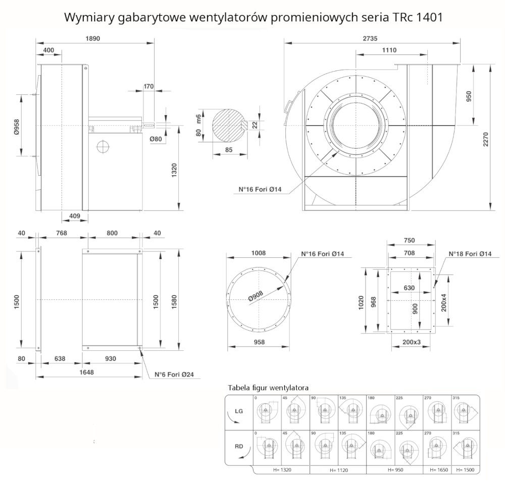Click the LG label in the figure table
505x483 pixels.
[x=239, y=411]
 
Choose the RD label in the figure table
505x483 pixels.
[x=239, y=446]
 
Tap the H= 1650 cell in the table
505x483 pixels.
[x=437, y=469]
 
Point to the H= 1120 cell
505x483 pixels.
[x=339, y=469]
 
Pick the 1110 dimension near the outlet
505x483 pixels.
[x=389, y=50]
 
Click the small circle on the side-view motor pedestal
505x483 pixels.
[x=103, y=146]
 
